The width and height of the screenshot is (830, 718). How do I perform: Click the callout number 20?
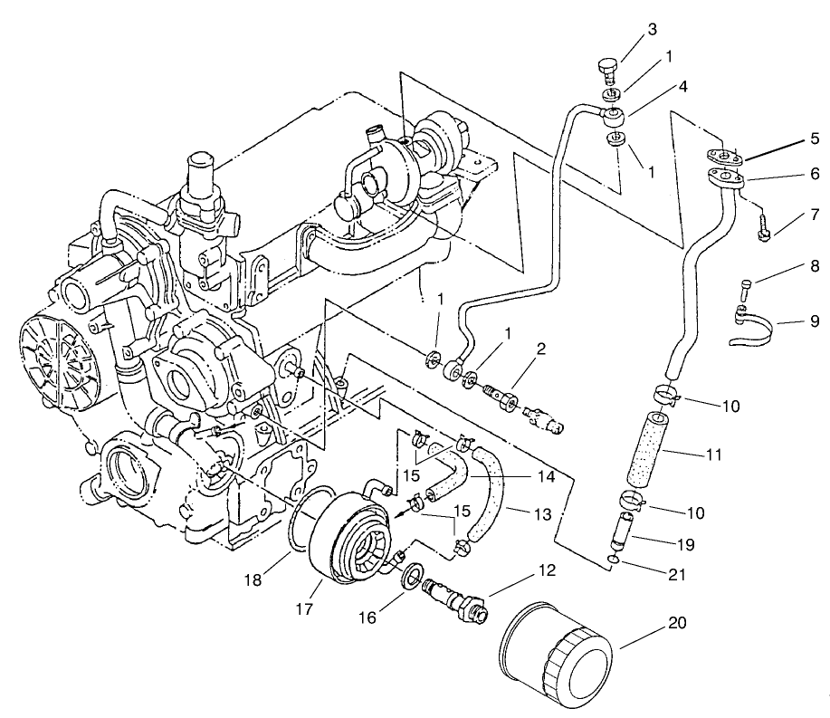point(675,624)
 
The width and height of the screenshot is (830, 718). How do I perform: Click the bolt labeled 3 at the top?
point(609,68)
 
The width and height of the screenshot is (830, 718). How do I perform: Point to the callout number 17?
point(304,610)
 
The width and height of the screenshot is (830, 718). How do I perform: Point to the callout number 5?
point(814,139)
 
